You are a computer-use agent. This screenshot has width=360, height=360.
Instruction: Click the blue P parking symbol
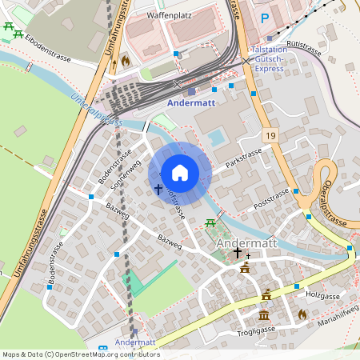pyautogui.click(x=265, y=18)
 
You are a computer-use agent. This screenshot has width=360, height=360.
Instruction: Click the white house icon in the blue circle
pyautogui.click(x=180, y=173)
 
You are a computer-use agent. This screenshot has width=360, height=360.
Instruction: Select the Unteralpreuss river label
pyautogui.click(x=95, y=110)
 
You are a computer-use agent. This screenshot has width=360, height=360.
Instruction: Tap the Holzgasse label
pyautogui.click(x=322, y=294)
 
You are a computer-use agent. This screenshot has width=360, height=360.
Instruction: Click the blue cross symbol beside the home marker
pyautogui.click(x=158, y=190)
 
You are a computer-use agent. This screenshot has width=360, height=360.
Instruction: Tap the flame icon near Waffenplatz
pyautogui.click(x=124, y=61)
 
